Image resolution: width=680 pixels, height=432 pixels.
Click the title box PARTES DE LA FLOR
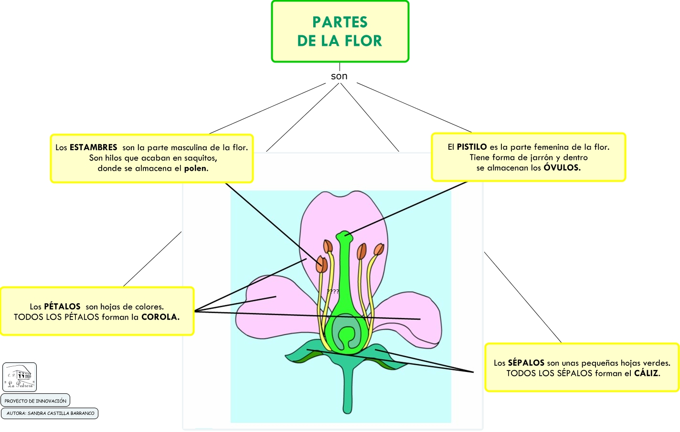tap(340, 31)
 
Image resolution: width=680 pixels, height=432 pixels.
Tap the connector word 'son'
tap(339, 76)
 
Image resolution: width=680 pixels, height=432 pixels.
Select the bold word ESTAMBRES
tap(94, 147)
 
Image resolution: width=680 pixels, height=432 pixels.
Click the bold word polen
tap(196, 168)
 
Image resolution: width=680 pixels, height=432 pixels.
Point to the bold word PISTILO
tap(472, 147)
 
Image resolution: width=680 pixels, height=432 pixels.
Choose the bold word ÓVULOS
tap(562, 168)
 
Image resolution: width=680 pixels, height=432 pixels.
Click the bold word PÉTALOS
tap(62, 307)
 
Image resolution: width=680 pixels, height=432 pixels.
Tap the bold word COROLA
tap(160, 317)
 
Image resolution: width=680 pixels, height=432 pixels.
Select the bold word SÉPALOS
tap(526, 363)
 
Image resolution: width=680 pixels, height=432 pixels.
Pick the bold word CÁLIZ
tap(647, 373)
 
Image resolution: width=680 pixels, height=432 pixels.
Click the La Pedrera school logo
tap(20, 377)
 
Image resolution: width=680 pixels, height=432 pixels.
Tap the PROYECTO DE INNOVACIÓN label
tap(35, 401)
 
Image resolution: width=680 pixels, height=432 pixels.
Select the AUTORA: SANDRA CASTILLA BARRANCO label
tap(50, 413)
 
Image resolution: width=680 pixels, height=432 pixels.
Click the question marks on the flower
tap(333, 291)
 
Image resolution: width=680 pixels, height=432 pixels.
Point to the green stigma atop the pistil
tap(344, 235)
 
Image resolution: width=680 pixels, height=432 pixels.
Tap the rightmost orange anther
tap(379, 249)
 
